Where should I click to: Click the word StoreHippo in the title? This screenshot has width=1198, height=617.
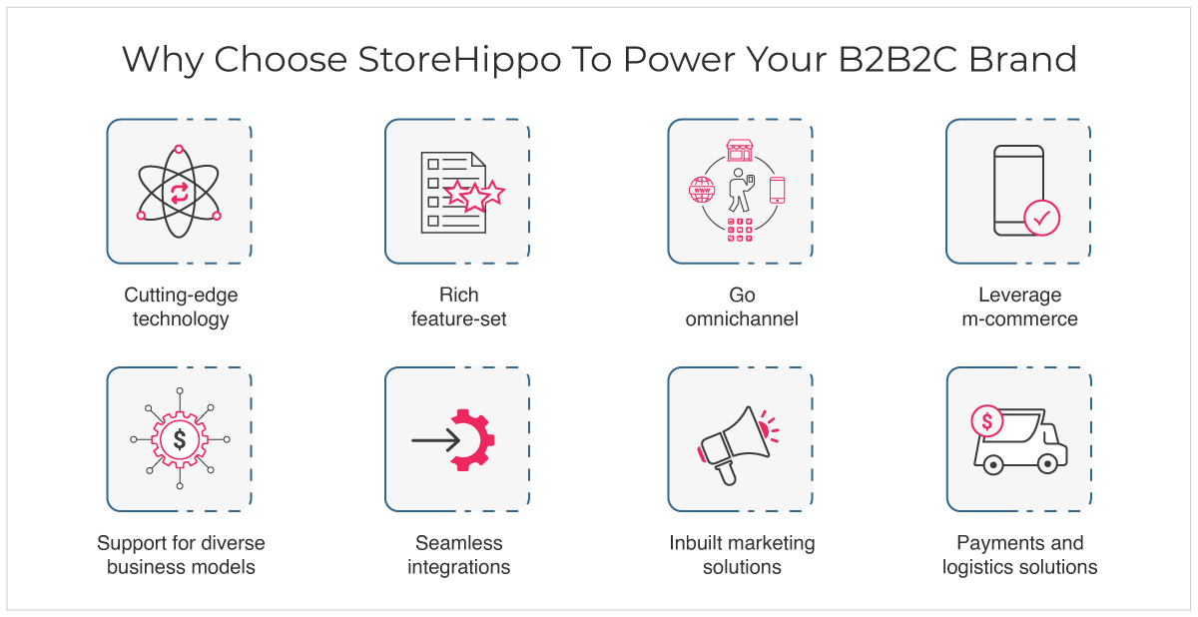[x=459, y=60]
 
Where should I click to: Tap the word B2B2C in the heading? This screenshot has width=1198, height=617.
[x=898, y=59]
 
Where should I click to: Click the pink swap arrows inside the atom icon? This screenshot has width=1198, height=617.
[x=179, y=193]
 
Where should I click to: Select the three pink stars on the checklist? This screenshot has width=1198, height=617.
[x=474, y=196]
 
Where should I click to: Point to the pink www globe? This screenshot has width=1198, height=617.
[x=702, y=190]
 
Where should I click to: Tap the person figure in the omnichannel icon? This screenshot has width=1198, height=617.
[x=741, y=190]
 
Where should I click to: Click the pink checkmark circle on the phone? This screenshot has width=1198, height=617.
[x=1042, y=218]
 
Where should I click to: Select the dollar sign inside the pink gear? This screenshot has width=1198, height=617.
[x=180, y=439]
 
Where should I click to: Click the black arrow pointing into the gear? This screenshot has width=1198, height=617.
[x=436, y=440]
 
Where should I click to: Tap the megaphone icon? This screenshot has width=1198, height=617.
[x=738, y=446]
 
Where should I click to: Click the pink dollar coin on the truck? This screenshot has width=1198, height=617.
[x=986, y=420]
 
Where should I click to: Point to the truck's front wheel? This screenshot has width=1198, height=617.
[x=1047, y=463]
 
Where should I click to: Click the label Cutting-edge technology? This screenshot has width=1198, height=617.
[x=181, y=307]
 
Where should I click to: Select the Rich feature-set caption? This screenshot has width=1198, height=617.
[x=459, y=307]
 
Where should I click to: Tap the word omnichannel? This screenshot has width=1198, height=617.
[x=742, y=319]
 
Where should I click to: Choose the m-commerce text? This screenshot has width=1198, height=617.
[x=1020, y=319]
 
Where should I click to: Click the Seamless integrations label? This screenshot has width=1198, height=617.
[x=459, y=555]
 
